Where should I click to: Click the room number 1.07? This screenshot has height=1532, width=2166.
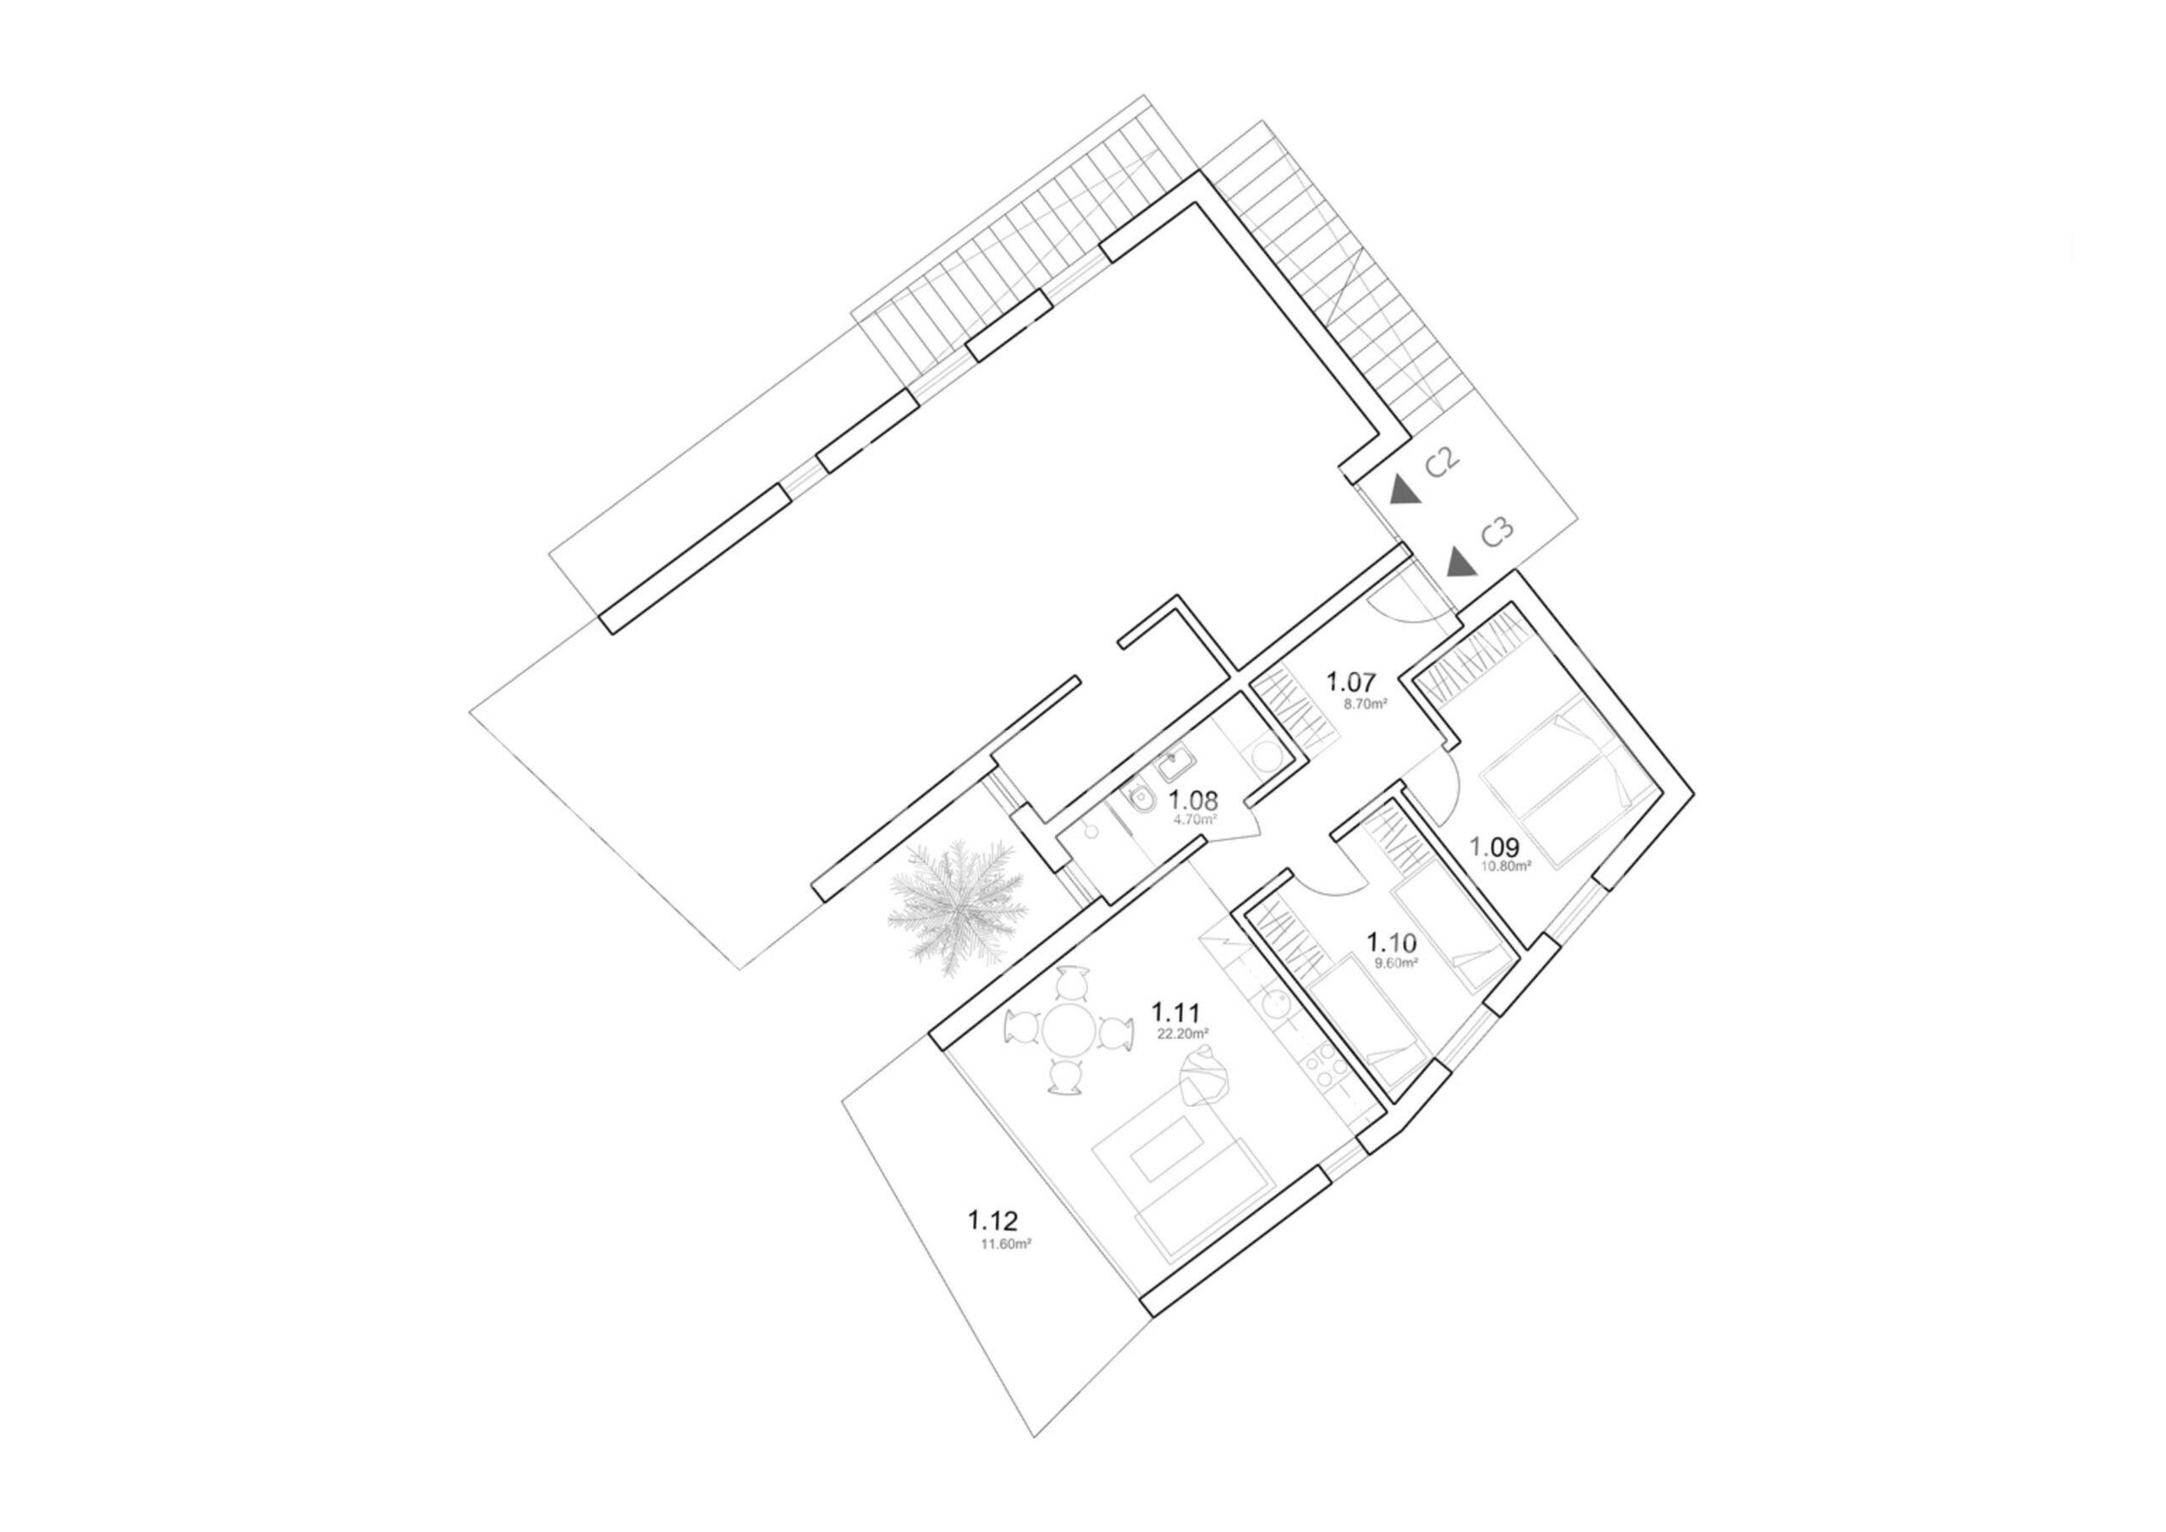point(1351,681)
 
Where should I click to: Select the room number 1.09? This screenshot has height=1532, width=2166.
point(1494,846)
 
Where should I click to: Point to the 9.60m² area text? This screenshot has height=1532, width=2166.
point(1397,964)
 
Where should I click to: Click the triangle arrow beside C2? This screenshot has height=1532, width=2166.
point(1405,490)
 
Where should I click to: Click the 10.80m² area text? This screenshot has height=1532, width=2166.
point(1507,864)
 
